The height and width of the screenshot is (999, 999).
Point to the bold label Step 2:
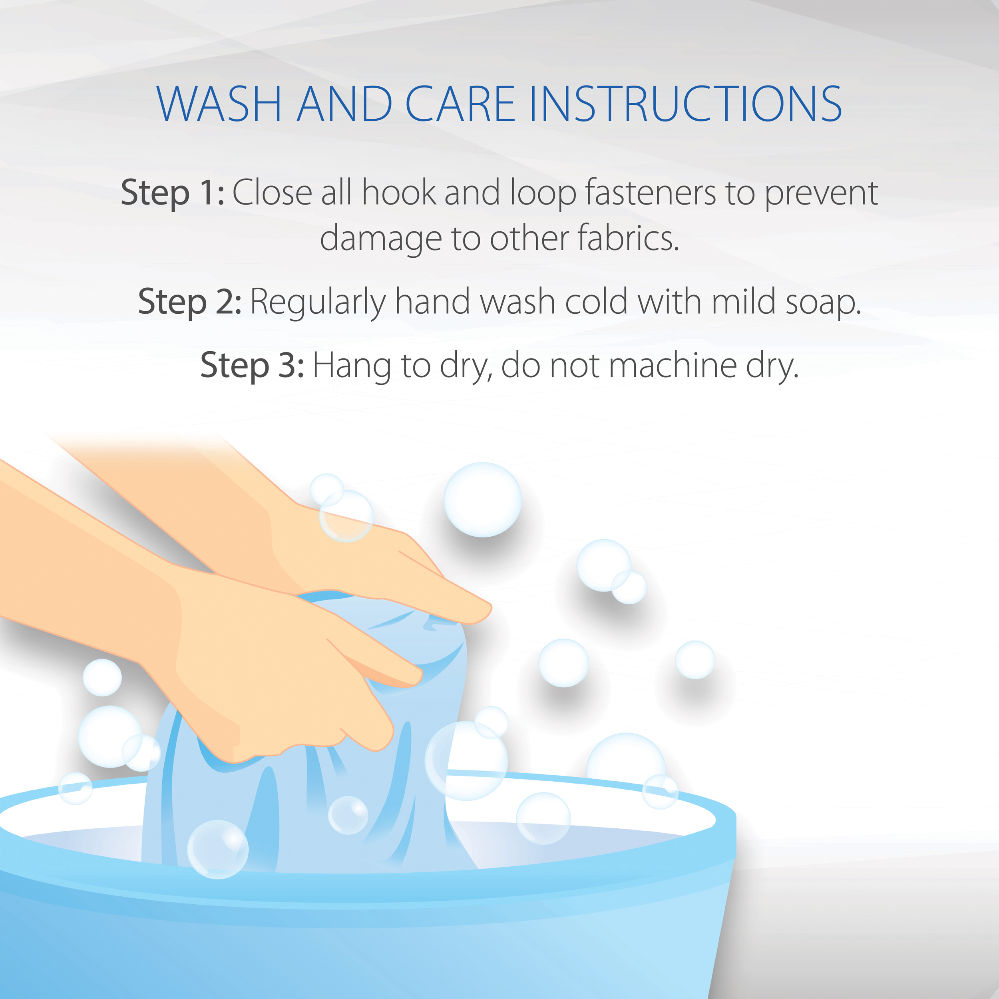pyautogui.click(x=190, y=302)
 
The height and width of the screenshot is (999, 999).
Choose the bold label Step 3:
pyautogui.click(x=252, y=366)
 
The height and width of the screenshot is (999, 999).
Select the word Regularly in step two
pyautogui.click(x=318, y=302)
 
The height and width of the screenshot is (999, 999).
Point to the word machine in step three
pyautogui.click(x=674, y=366)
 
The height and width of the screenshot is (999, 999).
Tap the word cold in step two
pyautogui.click(x=596, y=302)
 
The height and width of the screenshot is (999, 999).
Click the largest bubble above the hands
pyautogui.click(x=482, y=499)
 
